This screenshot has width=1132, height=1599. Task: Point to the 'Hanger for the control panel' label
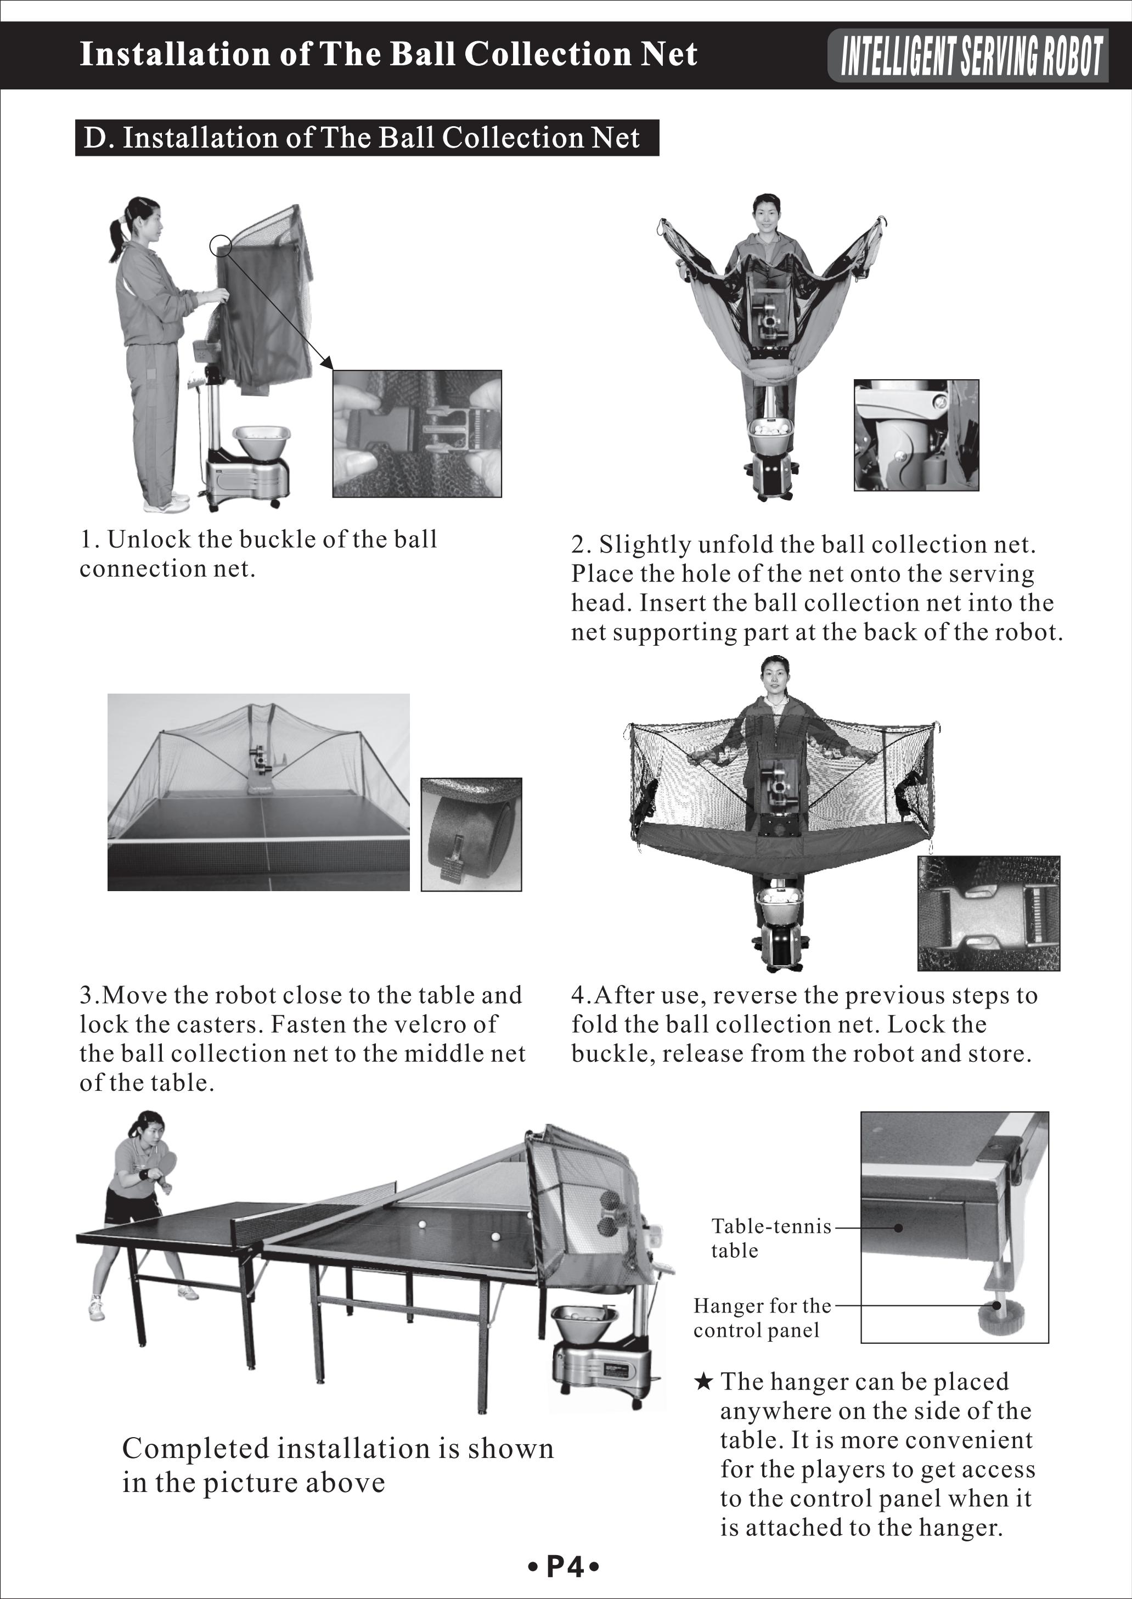(762, 1318)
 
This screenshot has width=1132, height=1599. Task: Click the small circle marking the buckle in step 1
(220, 245)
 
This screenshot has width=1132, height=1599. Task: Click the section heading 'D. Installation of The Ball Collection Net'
(361, 138)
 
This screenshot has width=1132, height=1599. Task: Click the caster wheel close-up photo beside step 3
(471, 835)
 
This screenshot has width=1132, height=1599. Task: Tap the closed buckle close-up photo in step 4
(988, 913)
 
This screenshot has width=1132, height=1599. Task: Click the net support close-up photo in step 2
(916, 435)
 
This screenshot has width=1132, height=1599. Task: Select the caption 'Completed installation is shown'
(337, 1449)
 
